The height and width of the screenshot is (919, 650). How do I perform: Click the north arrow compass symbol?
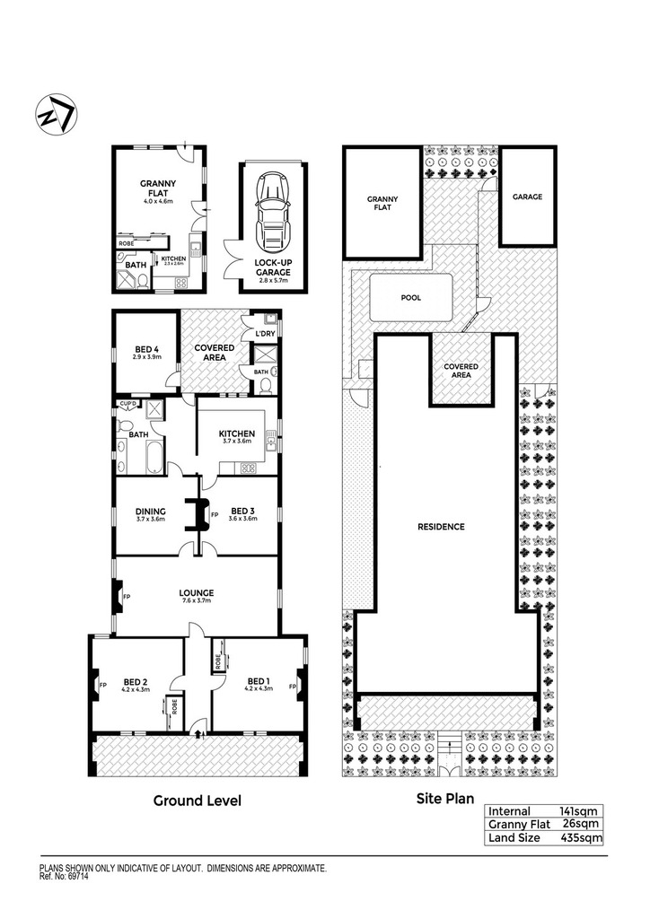[57, 114]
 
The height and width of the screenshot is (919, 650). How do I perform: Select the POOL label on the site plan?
[411, 298]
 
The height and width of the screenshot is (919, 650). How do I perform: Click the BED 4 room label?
[147, 349]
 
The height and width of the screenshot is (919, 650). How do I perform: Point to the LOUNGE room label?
[197, 593]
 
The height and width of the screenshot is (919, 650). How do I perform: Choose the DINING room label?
[151, 512]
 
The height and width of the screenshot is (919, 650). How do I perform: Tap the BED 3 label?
[242, 511]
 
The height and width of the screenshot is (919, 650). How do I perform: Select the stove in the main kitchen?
[247, 468]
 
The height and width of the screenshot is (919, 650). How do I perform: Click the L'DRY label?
[265, 334]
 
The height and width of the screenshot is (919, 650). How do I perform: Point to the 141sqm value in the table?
[578, 811]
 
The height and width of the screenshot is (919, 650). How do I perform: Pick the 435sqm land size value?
[582, 837]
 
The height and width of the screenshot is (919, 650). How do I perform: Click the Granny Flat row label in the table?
[519, 825]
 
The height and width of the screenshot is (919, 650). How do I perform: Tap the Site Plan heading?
[445, 798]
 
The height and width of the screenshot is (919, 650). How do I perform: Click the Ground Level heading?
[197, 801]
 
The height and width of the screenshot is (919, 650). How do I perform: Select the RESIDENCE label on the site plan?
[441, 527]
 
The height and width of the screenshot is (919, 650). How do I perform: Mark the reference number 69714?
[78, 878]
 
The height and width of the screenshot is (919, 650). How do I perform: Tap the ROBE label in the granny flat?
[126, 243]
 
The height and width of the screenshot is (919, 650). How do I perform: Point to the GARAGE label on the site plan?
[528, 197]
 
